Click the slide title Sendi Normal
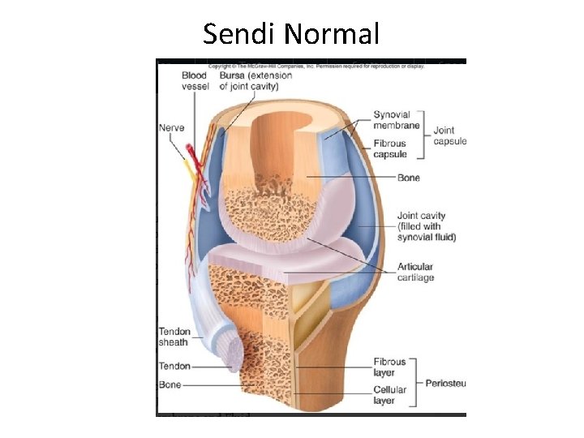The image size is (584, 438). coord(291,34)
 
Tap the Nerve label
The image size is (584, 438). coord(171,127)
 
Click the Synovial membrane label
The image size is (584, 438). coord(396,120)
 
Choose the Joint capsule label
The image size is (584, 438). coord(449,135)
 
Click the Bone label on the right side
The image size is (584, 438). coord(408,177)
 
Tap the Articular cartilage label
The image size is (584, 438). coord(415,272)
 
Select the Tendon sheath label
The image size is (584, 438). coord(174,337)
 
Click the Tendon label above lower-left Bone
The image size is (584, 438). coord(174,367)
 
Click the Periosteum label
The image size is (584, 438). coord(445,380)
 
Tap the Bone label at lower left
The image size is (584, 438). coord(170,384)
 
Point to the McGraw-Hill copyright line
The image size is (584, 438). coord(316,64)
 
